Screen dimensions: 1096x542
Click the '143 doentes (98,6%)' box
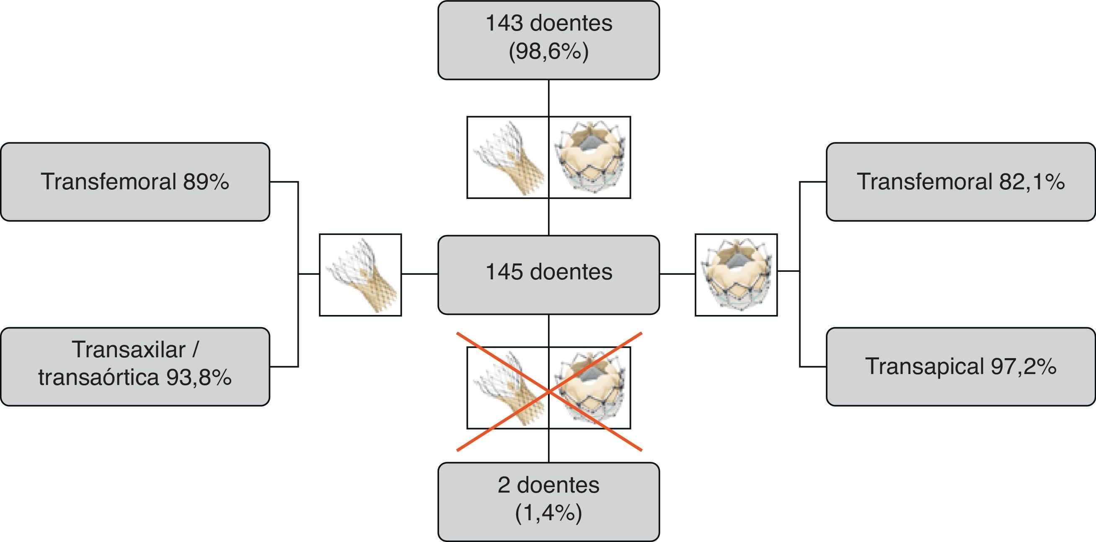pos(548,40)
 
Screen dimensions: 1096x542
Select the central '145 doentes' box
pos(548,275)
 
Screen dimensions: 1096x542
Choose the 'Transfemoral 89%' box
pos(135,182)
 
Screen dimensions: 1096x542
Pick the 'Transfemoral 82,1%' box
pos(961,182)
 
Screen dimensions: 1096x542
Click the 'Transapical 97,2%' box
pos(961,366)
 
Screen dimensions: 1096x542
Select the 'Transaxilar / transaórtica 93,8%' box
pos(135,366)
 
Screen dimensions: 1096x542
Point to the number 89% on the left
pos(207,182)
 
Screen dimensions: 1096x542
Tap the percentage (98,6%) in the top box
pos(548,52)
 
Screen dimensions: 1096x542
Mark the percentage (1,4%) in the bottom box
pos(548,513)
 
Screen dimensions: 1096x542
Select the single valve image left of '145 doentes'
pos(360,275)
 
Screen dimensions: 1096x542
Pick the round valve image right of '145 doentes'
pos(736,275)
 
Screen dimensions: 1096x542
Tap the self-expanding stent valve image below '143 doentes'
pos(508,157)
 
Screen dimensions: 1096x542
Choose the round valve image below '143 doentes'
pos(590,157)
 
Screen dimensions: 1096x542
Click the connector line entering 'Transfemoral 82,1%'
pos(813,182)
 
